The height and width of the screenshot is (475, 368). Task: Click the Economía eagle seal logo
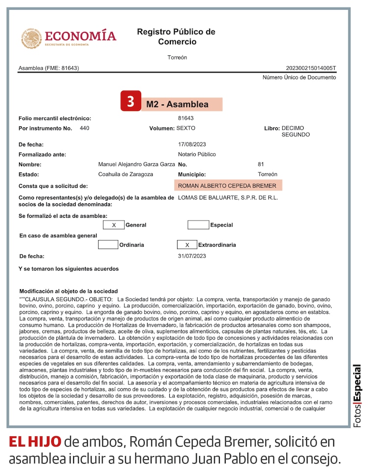coord(32,38)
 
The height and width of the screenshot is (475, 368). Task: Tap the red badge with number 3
coord(131,101)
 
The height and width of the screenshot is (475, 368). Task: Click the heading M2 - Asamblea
coord(177,104)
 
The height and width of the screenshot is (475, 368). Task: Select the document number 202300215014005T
coord(311,68)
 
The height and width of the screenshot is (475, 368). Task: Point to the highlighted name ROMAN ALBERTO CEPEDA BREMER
coord(227,186)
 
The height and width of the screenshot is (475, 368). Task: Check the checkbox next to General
coord(114,225)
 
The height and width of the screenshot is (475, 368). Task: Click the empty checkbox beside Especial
coord(198,225)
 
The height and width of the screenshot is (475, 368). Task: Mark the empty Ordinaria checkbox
coord(108,245)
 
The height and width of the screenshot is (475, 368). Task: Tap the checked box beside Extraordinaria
coord(187,245)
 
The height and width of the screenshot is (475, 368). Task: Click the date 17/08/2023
coord(192,145)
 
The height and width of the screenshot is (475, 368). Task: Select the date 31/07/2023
coord(192,256)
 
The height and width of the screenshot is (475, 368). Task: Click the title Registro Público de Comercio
coord(176,37)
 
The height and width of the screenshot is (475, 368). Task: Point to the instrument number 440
coord(84,128)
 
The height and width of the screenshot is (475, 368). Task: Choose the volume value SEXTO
coord(186,128)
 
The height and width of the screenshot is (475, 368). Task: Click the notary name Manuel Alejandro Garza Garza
coord(136,164)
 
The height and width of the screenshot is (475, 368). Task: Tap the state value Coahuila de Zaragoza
coord(126,174)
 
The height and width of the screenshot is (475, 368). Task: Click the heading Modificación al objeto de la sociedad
coord(68,291)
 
